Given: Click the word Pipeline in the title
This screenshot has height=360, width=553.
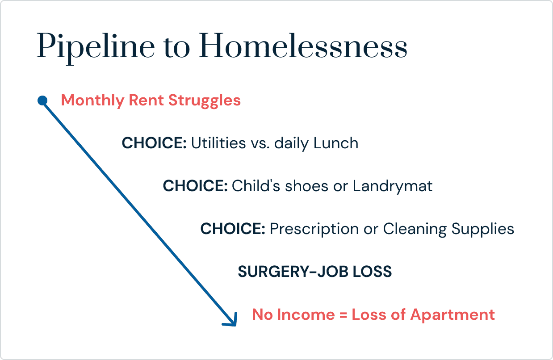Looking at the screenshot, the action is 96,47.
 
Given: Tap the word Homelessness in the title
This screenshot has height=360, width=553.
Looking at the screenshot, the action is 303,46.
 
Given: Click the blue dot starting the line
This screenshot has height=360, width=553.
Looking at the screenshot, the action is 42,100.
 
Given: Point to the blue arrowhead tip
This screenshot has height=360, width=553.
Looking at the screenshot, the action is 236,326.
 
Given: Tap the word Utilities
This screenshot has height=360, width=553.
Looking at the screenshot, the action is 218,143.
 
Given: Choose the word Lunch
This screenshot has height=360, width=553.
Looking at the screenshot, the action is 336,143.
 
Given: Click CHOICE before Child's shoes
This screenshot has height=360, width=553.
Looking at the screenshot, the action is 195,186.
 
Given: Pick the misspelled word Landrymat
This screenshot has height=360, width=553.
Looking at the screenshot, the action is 393,186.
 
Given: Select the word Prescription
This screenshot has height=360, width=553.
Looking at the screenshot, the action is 314,229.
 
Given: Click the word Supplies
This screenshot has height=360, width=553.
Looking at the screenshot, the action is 482,229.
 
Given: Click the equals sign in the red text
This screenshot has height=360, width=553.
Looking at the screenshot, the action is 343,315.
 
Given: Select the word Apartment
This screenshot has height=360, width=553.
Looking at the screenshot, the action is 452,315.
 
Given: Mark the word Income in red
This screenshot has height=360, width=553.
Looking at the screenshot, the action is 306,314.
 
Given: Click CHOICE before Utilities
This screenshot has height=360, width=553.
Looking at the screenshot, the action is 154,143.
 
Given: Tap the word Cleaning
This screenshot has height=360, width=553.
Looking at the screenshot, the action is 415,229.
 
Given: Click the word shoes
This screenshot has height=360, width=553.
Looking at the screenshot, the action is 306,186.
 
